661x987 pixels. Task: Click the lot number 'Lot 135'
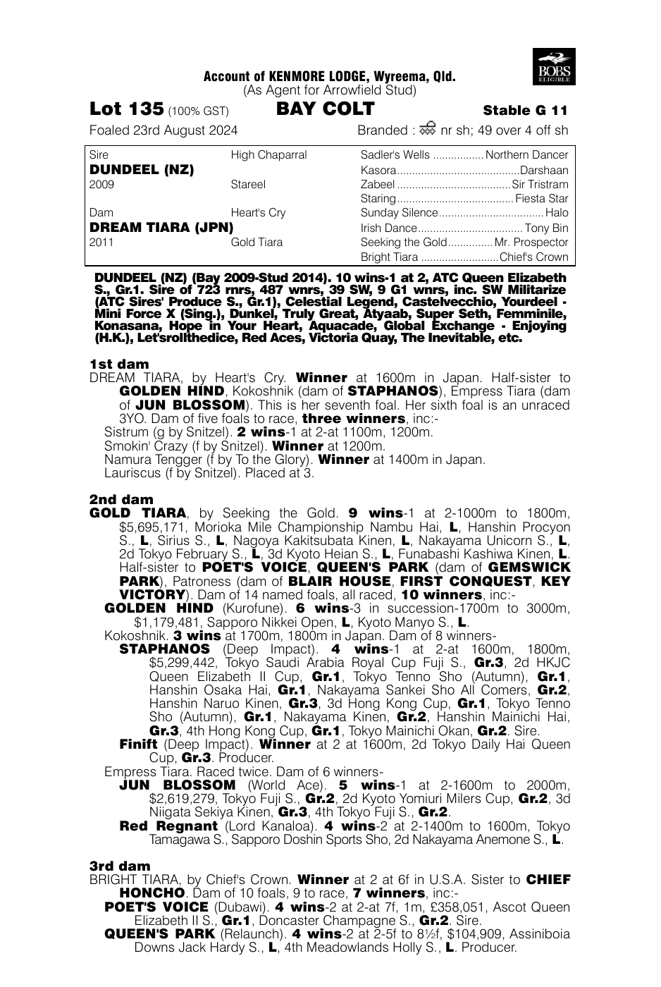tap(127, 109)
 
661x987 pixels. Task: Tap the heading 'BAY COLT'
tap(326, 109)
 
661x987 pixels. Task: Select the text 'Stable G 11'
tap(525, 111)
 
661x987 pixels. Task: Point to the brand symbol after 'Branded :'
tap(426, 129)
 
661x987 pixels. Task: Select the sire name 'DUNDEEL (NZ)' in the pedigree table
tap(142, 170)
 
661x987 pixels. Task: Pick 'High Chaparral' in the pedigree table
tap(268, 155)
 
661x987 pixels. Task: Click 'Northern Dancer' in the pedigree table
tap(526, 155)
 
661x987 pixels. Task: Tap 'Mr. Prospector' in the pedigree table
tap(531, 243)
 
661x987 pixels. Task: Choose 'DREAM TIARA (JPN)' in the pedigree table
tap(161, 228)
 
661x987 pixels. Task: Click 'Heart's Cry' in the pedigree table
tap(258, 213)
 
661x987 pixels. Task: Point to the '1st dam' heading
tap(119, 364)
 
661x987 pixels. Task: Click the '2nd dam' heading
tap(121, 499)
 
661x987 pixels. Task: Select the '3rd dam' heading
tap(120, 866)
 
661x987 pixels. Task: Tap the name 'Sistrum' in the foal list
tap(125, 432)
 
